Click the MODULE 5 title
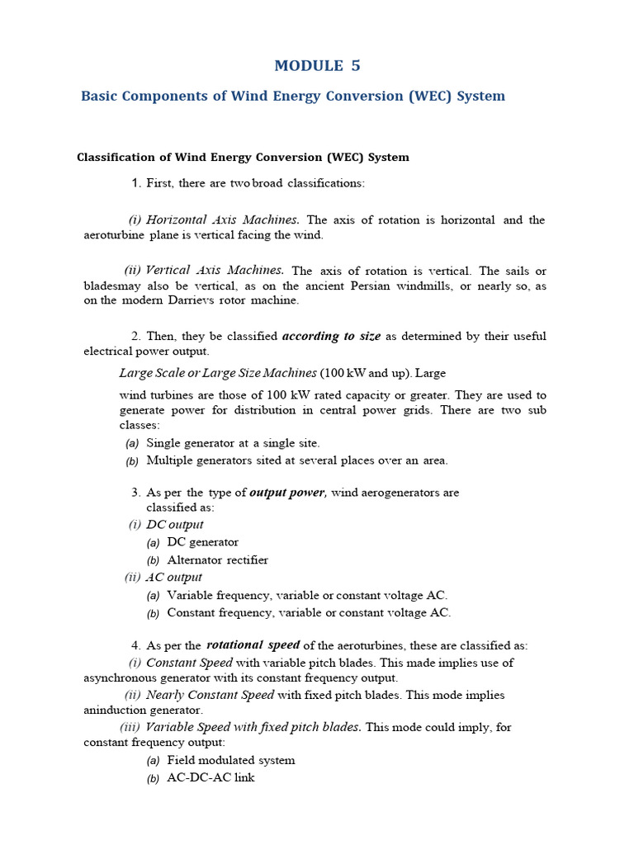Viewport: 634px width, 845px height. coord(317,66)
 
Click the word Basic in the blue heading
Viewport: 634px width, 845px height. coord(98,96)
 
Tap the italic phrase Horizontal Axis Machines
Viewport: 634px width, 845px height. coord(222,220)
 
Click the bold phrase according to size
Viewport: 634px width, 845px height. coord(331,336)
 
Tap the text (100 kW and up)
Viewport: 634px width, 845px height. coord(360,372)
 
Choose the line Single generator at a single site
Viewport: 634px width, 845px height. coord(233,443)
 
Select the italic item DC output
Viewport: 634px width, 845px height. coord(174,525)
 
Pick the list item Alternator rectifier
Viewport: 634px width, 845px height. coord(217,559)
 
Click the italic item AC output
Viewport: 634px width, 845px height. coord(173,578)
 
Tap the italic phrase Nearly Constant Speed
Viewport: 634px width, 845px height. coord(210,695)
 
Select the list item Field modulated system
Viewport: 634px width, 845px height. coord(230,760)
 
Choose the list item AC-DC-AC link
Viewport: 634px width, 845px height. coord(211,777)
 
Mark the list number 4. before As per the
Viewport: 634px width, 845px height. coord(135,645)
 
